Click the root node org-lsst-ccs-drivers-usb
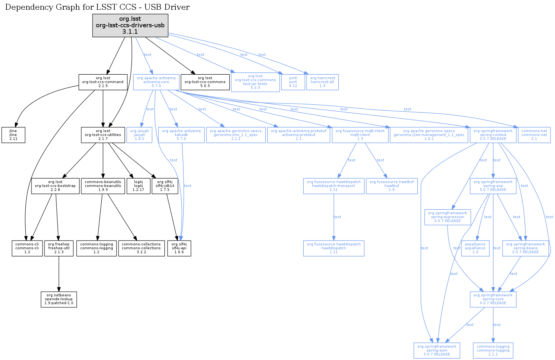coord(130,25)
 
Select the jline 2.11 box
coord(13,135)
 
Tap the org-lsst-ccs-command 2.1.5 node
coord(103,82)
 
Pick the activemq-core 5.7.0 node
coord(156,82)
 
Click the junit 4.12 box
coord(293,82)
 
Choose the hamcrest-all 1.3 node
coord(322,82)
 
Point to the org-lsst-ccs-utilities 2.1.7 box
coord(103,135)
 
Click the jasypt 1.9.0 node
coord(139,135)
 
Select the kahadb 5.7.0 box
coord(181,135)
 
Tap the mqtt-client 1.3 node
coord(360,135)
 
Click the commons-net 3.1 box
coord(534,135)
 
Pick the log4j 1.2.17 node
coord(138,186)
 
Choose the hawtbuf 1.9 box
coord(392,186)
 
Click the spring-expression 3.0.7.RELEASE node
coord(448,217)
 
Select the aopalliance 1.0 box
coord(475,248)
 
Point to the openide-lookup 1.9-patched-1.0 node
coord(59,299)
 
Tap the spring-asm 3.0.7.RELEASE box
coord(437,350)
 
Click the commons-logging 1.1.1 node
coord(493,350)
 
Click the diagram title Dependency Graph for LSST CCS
coord(97,7)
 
